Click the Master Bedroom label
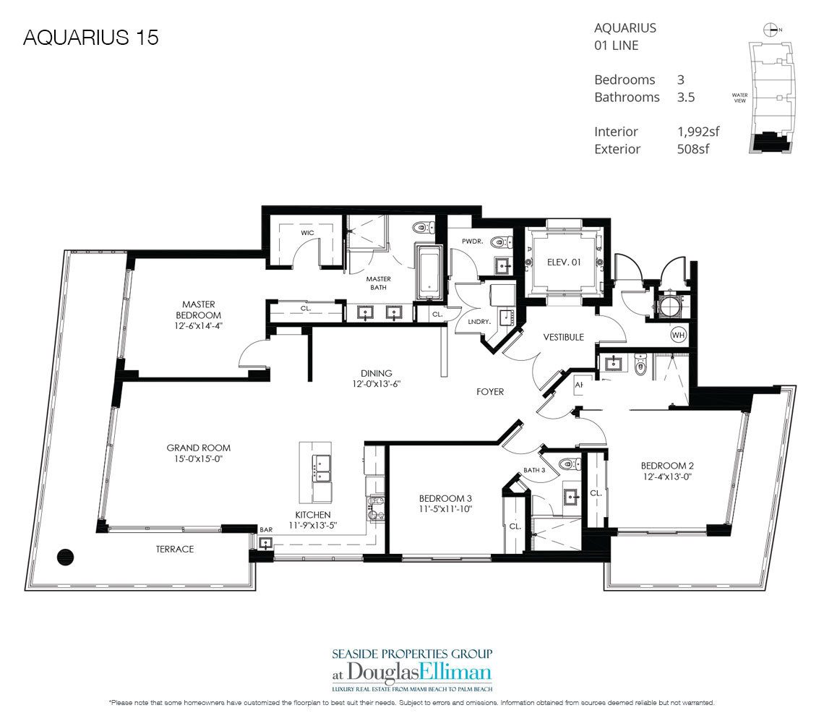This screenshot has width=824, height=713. [x=198, y=309]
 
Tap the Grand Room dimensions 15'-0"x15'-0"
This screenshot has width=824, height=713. [x=198, y=459]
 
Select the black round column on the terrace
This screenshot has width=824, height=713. [x=65, y=557]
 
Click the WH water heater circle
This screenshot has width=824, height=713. [x=679, y=335]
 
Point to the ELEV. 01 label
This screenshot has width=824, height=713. [x=564, y=262]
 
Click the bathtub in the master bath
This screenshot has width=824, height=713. [x=429, y=273]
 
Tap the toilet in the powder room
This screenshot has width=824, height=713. [x=500, y=242]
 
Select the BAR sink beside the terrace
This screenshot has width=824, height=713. [x=266, y=542]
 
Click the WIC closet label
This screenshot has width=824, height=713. [x=307, y=232]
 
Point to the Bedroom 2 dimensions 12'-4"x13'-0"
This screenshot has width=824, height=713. [x=667, y=477]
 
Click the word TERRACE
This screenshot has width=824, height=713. [x=175, y=549]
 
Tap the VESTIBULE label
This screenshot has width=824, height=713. [x=563, y=337]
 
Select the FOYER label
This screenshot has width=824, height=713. [x=490, y=392]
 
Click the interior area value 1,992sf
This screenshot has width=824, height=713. [x=698, y=132]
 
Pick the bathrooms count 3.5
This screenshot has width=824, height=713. [x=686, y=98]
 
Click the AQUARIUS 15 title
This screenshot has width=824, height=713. [x=91, y=38]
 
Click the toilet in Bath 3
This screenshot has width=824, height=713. [x=569, y=464]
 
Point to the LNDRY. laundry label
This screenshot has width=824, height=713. [x=478, y=322]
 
